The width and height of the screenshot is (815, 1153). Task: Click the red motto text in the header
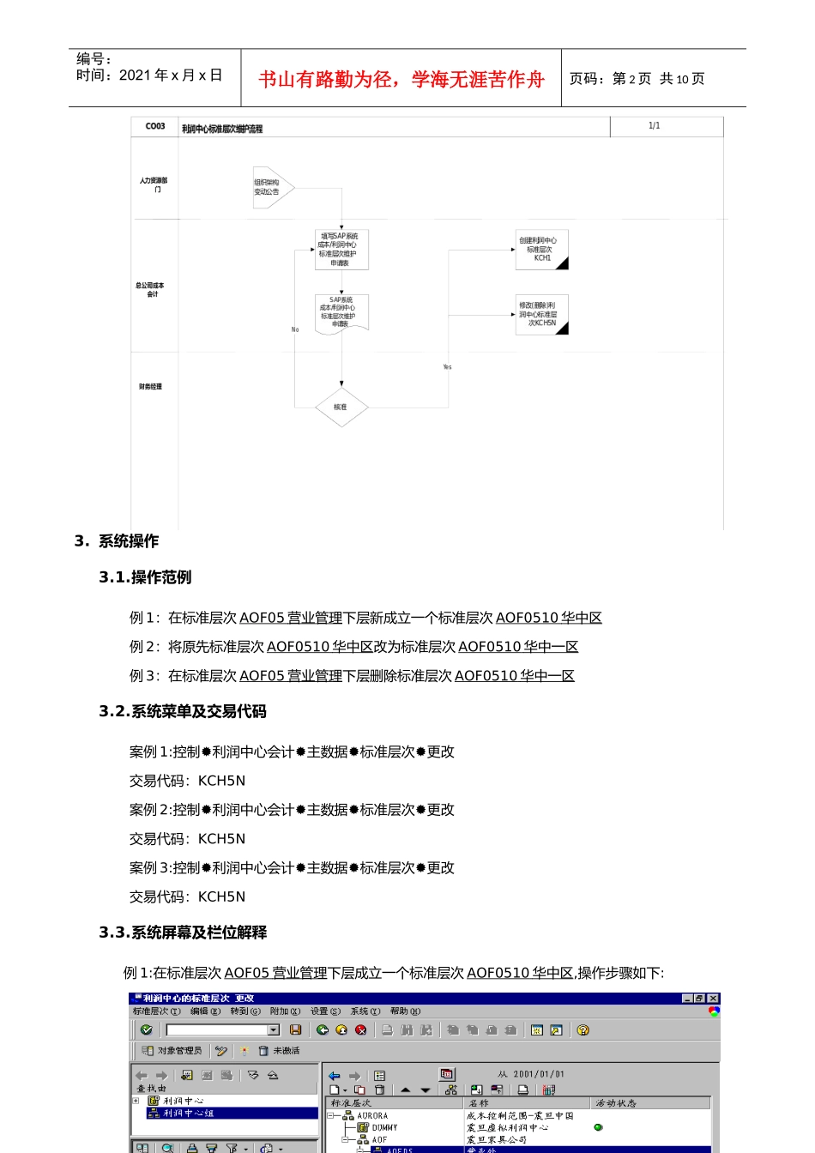(x=401, y=80)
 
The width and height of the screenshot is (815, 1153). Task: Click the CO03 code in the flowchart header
(x=155, y=126)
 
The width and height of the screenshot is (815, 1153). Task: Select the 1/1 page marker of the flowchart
(x=655, y=126)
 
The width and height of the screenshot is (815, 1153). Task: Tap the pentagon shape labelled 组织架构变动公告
(x=272, y=187)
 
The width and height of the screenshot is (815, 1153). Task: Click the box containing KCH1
(x=541, y=250)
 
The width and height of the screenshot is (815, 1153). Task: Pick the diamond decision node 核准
(x=341, y=407)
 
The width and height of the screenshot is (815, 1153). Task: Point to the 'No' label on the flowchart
(x=295, y=329)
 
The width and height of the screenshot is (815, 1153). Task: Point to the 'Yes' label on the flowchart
(x=447, y=367)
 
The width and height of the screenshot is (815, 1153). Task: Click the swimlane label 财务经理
(x=150, y=387)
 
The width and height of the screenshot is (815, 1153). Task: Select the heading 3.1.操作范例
(x=145, y=577)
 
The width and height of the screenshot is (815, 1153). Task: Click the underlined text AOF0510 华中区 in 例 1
(x=549, y=618)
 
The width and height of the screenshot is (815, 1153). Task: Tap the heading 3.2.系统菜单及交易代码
(x=183, y=711)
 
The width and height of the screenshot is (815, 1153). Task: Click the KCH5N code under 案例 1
(x=221, y=781)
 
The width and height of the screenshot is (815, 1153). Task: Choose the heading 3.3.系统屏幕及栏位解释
(x=183, y=933)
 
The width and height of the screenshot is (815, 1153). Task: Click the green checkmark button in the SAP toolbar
(x=146, y=1029)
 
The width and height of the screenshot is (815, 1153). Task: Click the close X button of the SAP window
(x=714, y=999)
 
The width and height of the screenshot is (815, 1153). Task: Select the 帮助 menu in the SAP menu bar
(x=405, y=1011)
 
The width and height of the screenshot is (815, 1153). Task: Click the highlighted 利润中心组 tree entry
(x=188, y=1113)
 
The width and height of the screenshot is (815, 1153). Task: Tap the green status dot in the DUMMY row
(x=598, y=1127)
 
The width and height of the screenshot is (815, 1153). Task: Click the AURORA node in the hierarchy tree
(x=372, y=1116)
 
